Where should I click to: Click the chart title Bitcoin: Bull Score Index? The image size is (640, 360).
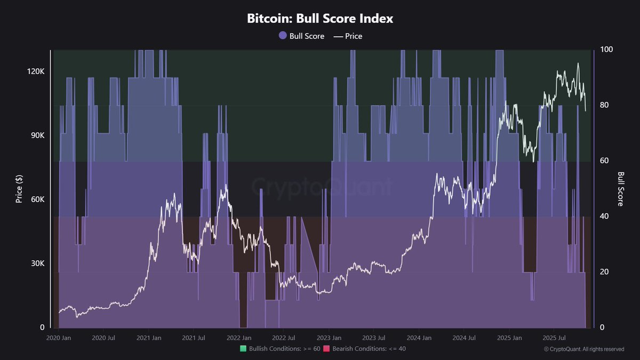pyautogui.click(x=320, y=19)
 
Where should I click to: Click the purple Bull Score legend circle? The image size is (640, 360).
pyautogui.click(x=283, y=36)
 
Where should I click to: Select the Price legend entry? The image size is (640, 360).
pyautogui.click(x=348, y=36)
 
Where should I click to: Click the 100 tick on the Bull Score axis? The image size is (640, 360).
pyautogui.click(x=606, y=50)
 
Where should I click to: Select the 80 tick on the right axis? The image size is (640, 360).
pyautogui.click(x=604, y=105)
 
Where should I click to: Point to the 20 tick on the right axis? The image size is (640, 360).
pyautogui.click(x=604, y=272)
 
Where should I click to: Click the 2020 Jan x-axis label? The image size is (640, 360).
pyautogui.click(x=59, y=338)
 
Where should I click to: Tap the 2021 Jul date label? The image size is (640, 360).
pyautogui.click(x=194, y=338)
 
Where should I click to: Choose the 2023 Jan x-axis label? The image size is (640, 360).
pyautogui.click(x=329, y=338)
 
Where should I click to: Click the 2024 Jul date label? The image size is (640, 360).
pyautogui.click(x=464, y=338)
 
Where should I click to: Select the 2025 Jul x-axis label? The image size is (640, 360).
pyautogui.click(x=554, y=338)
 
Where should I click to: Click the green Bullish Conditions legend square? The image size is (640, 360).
pyautogui.click(x=244, y=349)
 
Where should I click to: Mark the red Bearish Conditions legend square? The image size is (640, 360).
pyautogui.click(x=326, y=349)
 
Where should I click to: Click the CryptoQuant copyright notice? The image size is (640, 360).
pyautogui.click(x=583, y=349)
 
